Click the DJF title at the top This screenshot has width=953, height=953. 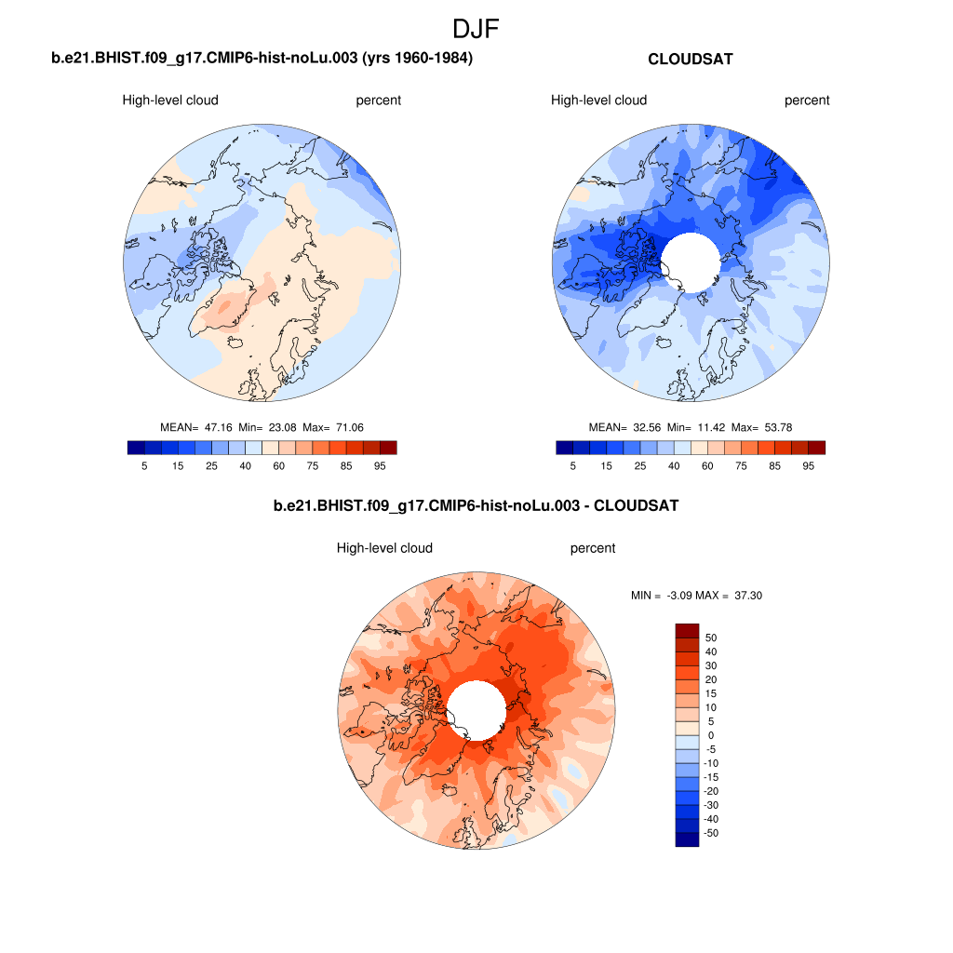(476, 29)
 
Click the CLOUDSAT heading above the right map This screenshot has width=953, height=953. (690, 60)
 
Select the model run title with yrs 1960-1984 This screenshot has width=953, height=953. (262, 60)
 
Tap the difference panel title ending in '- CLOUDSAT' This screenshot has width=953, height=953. (476, 506)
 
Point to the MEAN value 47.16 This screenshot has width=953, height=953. (218, 427)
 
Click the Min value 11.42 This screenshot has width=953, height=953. (713, 427)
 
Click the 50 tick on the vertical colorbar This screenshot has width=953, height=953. (711, 638)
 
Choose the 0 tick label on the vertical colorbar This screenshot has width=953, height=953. (711, 735)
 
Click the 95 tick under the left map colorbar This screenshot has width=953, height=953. (380, 465)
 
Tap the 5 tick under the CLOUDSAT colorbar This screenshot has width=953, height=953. (572, 465)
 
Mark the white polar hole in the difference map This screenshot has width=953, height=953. (476, 709)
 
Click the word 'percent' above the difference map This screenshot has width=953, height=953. (593, 548)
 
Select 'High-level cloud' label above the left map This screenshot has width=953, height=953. (170, 101)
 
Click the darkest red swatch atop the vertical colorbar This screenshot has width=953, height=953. (686, 630)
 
